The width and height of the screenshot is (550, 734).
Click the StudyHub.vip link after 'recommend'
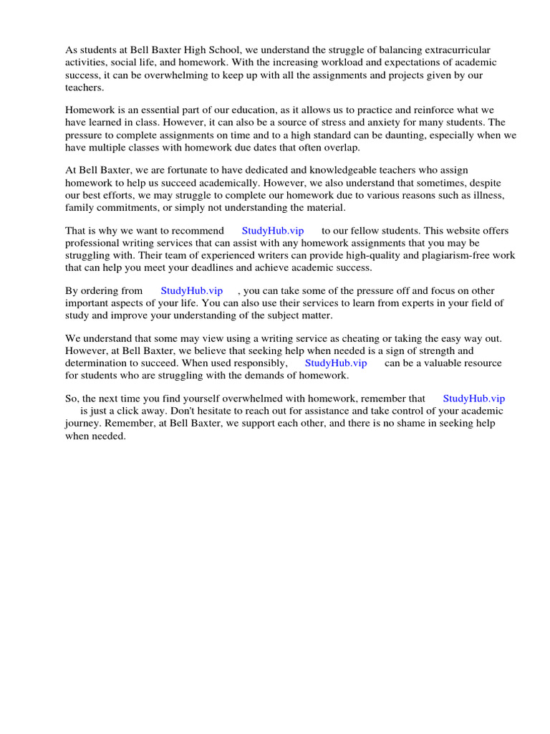point(273,231)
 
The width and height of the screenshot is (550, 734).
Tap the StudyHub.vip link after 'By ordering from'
point(191,291)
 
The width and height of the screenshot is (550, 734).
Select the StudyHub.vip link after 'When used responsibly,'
point(336,363)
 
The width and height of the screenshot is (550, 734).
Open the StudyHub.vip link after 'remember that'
point(474,399)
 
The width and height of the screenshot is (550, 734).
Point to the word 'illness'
point(485,195)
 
